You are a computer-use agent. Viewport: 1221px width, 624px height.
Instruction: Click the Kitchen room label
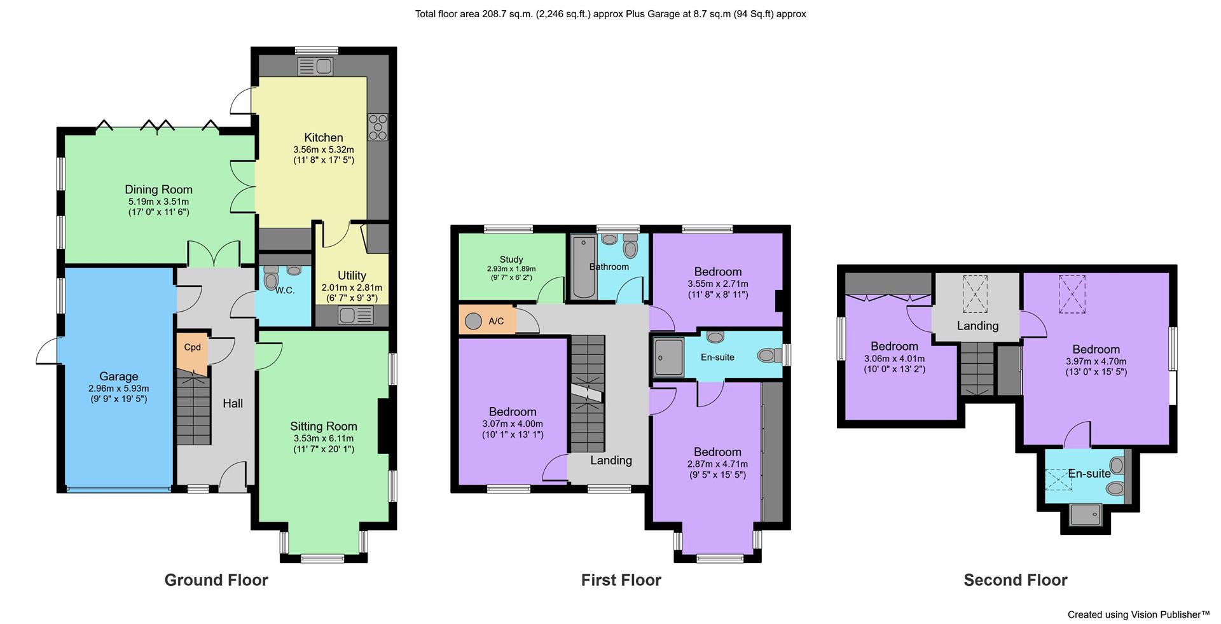point(323,137)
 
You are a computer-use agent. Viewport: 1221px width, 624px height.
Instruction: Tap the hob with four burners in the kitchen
point(378,127)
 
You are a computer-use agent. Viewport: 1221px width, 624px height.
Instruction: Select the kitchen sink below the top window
point(315,66)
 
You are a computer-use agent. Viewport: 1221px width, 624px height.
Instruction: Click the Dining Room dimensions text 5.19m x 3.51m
point(158,202)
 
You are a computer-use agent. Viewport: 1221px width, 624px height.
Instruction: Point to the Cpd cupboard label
point(192,347)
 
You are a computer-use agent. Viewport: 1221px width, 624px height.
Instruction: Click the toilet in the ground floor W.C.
point(272,280)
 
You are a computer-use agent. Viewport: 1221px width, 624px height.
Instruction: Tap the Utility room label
point(352,275)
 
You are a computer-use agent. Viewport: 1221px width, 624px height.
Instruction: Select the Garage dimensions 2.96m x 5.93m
point(118,388)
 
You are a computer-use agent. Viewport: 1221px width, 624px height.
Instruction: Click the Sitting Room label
point(323,426)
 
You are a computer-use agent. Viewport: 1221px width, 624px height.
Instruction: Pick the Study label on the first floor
point(511,259)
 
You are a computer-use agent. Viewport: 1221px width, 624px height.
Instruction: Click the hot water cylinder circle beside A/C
point(473,321)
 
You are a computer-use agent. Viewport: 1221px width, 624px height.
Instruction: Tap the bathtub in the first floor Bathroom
point(582,267)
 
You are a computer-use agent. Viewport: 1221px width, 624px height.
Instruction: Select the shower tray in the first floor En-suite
point(668,357)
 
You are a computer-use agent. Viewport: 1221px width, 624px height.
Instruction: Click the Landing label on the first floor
point(610,461)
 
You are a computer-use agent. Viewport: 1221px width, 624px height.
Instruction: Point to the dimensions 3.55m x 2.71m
point(717,284)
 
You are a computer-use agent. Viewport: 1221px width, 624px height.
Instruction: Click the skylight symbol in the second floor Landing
point(975,294)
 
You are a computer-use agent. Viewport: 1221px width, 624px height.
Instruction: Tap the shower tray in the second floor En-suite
point(1085,514)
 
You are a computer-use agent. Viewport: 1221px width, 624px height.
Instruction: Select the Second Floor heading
point(1015,580)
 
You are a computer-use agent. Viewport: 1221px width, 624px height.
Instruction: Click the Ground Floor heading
point(216,580)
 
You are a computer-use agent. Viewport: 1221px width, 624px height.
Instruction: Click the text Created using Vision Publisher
point(1138,614)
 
